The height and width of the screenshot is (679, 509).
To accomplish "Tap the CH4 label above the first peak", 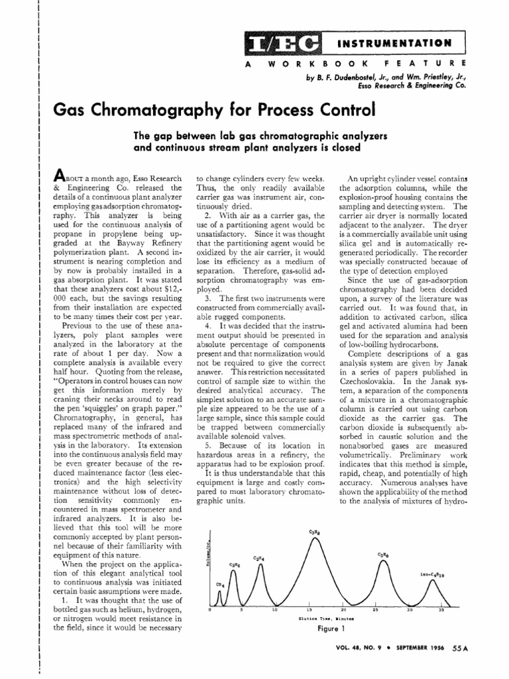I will click(219, 584).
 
